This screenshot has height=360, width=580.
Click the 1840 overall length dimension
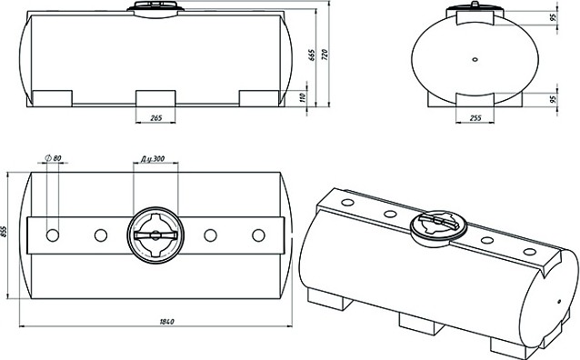[167, 322]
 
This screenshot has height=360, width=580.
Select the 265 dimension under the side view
[156, 118]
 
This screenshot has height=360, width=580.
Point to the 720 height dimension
[325, 55]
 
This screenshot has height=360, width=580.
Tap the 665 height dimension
[312, 55]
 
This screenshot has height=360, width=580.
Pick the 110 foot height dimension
[302, 97]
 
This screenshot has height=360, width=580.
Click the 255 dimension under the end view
[475, 118]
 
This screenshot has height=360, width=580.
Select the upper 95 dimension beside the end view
[554, 17]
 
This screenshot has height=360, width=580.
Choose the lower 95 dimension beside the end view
[554, 99]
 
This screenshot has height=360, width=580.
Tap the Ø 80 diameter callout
[54, 158]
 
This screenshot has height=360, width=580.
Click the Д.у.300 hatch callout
[153, 159]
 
